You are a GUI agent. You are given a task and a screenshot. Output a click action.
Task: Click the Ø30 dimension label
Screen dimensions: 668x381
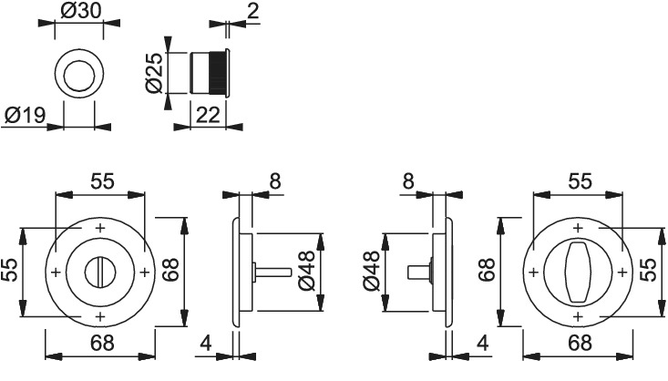point(81,11)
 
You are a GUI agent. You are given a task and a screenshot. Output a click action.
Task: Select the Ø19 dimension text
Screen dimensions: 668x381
point(25,115)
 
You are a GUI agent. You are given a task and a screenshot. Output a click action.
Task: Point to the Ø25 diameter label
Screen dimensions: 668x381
point(154,72)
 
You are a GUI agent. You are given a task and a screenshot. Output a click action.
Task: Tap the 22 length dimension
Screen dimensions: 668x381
point(208,115)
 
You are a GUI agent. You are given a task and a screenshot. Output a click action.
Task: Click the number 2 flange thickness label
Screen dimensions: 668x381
point(252,11)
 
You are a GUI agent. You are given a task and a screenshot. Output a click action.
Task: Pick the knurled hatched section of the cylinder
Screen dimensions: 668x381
point(217,72)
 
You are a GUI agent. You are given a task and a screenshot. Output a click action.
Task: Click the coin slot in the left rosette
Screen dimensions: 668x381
point(99,272)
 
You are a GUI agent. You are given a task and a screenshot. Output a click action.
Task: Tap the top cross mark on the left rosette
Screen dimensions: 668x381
point(100,228)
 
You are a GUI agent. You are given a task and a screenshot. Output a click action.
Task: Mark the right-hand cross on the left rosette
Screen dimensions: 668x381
point(144,272)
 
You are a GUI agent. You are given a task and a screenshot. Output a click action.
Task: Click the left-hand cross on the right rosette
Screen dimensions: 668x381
point(533,272)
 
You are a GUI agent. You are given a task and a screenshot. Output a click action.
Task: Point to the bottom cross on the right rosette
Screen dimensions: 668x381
point(578,316)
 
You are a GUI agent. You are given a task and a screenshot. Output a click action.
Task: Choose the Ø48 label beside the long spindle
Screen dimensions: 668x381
point(307,271)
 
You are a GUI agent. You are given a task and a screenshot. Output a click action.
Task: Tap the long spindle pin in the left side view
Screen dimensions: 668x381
point(273,272)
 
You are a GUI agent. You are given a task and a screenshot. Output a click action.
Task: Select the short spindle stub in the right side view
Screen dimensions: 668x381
point(419,272)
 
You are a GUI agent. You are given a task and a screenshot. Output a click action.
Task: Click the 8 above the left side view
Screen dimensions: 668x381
point(275,181)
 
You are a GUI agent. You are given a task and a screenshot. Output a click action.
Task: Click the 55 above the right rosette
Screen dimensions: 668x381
point(580,181)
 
